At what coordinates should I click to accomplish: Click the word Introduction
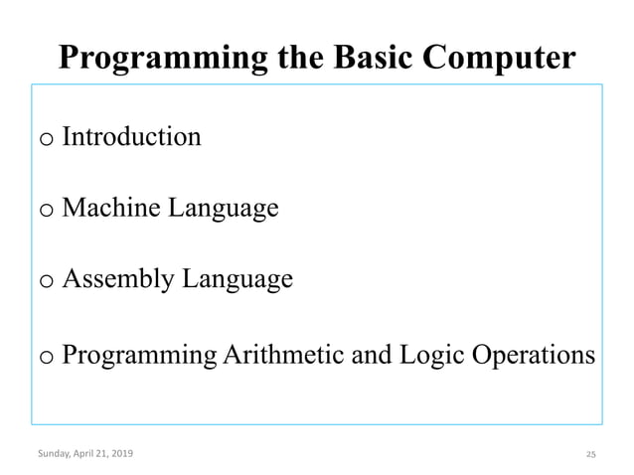tap(131, 136)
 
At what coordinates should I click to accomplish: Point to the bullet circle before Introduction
tap(47, 140)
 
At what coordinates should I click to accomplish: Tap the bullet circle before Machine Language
tap(47, 212)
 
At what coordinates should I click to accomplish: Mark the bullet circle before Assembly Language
tap(47, 283)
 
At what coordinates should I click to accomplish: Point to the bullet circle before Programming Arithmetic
tap(47, 359)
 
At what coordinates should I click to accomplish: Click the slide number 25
tap(590, 454)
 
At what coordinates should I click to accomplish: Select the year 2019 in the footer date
tap(119, 454)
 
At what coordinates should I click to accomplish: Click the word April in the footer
tap(87, 454)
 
